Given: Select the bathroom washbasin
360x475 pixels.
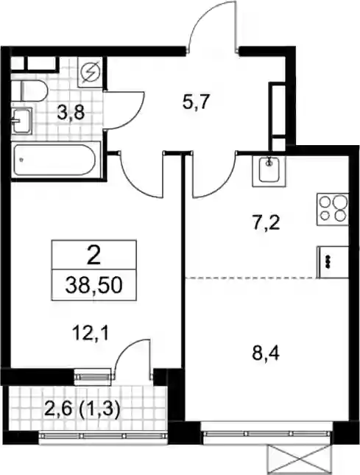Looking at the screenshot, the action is (21, 121).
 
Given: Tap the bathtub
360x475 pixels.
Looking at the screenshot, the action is (56, 160).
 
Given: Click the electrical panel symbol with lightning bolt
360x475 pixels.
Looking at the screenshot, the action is (90, 72).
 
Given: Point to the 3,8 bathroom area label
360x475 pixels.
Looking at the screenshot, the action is (71, 115).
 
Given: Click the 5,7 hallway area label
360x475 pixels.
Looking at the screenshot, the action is (196, 102).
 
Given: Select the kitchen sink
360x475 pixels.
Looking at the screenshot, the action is (269, 171).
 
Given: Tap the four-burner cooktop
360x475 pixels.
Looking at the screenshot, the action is (333, 208).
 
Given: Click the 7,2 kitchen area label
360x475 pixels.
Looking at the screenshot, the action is (266, 223).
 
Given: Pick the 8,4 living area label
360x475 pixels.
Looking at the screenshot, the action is (266, 353).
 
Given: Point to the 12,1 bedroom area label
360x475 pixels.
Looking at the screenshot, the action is (90, 334).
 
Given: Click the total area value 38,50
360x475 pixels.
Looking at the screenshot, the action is (93, 286).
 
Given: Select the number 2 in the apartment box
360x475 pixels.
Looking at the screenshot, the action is (93, 255).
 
